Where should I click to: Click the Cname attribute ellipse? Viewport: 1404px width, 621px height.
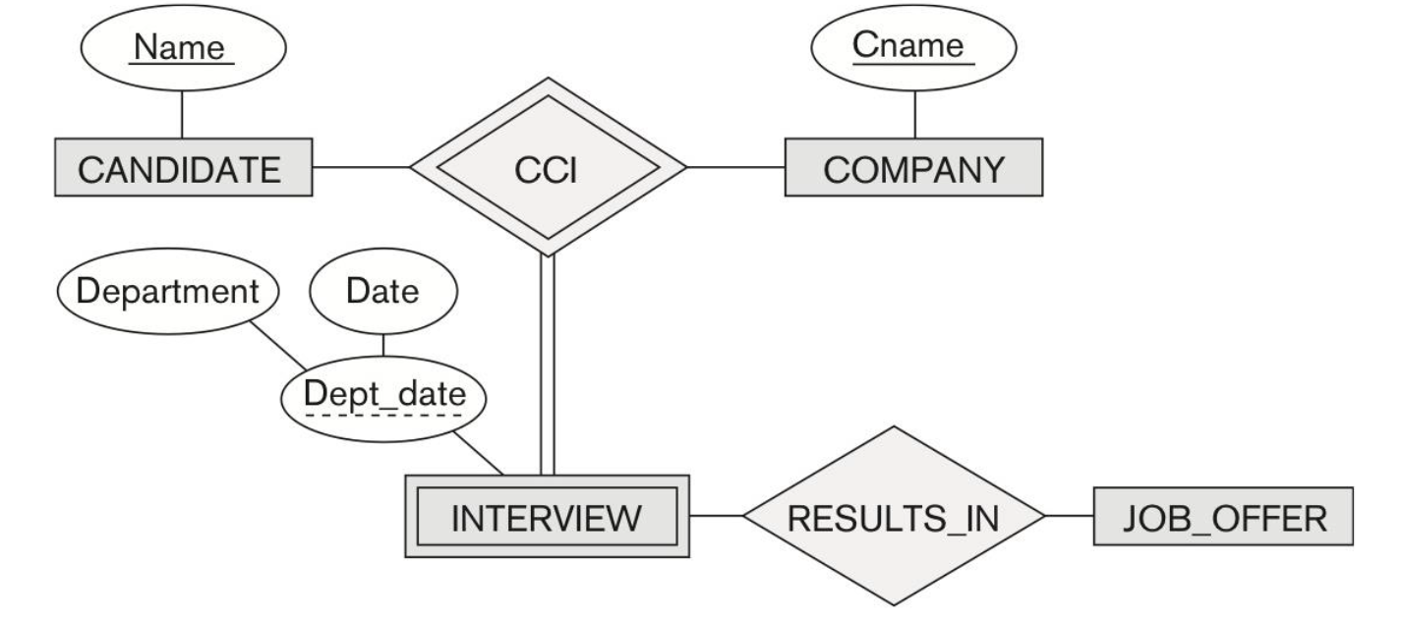tap(915, 48)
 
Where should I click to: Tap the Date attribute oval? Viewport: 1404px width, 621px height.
tap(383, 293)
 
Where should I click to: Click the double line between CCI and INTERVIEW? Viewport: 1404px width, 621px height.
tap(548, 364)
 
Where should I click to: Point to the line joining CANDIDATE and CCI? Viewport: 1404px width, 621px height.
tap(360, 167)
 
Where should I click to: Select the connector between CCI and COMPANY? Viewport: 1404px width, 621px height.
tap(735, 167)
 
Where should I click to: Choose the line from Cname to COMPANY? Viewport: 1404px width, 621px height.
tap(915, 110)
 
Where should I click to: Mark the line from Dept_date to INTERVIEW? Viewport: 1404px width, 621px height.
tap(482, 456)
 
